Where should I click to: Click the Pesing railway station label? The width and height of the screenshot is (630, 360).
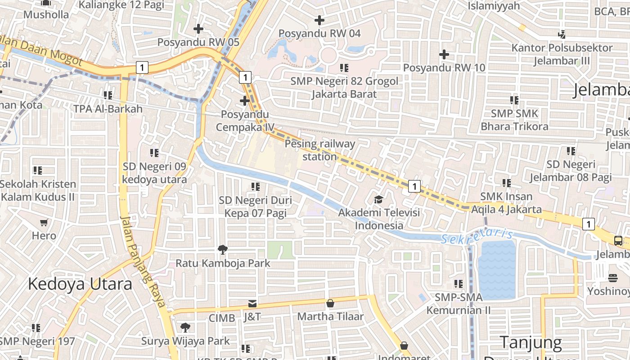pyautogui.click(x=320, y=150)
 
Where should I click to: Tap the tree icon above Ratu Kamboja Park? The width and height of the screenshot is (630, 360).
pyautogui.click(x=222, y=249)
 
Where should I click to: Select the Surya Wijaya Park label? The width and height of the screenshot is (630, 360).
pyautogui.click(x=185, y=341)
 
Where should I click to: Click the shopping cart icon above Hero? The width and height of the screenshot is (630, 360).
pyautogui.click(x=44, y=222)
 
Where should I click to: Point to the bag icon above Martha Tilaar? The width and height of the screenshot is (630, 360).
pyautogui.click(x=330, y=303)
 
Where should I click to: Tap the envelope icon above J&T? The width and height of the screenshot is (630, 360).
pyautogui.click(x=252, y=304)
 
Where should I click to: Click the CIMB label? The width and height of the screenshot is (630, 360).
pyautogui.click(x=222, y=318)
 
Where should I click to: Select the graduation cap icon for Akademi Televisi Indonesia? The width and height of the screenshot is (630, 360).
pyautogui.click(x=379, y=199)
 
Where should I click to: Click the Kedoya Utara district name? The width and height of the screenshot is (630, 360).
pyautogui.click(x=80, y=284)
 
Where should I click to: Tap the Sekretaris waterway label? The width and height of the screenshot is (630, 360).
pyautogui.click(x=477, y=236)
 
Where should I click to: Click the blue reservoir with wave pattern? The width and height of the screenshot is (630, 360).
pyautogui.click(x=497, y=269)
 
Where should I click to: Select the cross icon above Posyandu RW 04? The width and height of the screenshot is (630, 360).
pyautogui.click(x=319, y=20)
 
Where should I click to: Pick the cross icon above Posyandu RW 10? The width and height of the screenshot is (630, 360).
pyautogui.click(x=444, y=54)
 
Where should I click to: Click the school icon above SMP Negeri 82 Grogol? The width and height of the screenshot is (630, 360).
pyautogui.click(x=344, y=68)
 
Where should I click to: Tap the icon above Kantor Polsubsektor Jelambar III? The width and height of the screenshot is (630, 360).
pyautogui.click(x=562, y=34)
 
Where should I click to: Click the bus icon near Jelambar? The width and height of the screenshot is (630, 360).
pyautogui.click(x=618, y=241)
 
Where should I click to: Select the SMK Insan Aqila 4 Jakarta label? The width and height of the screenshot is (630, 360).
pyautogui.click(x=506, y=203)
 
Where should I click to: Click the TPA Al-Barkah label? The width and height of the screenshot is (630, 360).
pyautogui.click(x=108, y=109)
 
